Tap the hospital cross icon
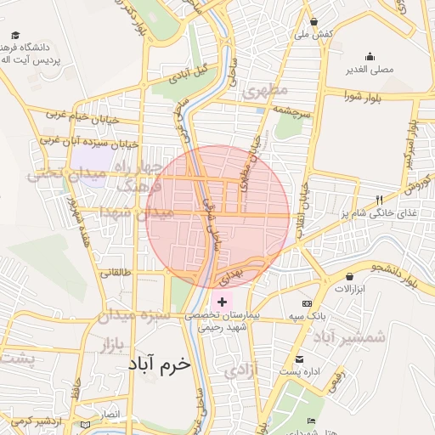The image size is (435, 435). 223,302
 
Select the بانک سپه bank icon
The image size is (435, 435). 307,303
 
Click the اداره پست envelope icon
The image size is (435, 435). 298,359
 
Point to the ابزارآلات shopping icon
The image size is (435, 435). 349,276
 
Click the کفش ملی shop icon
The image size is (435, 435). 314,22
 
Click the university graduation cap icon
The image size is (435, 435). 15,35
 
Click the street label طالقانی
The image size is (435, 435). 116,273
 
